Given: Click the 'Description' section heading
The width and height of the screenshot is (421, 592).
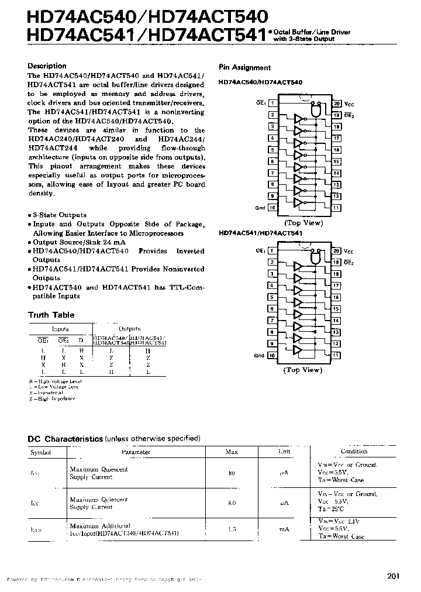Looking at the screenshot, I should pyautogui.click(x=47, y=66).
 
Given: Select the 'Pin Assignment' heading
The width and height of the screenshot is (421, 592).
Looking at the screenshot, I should pyautogui.click(x=244, y=68).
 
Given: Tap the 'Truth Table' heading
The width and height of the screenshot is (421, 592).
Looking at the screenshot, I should pyautogui.click(x=51, y=315).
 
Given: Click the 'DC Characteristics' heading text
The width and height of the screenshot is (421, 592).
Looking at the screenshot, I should pyautogui.click(x=66, y=439).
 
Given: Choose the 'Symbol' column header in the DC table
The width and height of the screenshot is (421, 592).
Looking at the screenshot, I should pyautogui.click(x=41, y=452).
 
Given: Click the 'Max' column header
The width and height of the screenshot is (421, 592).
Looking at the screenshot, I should pyautogui.click(x=232, y=452).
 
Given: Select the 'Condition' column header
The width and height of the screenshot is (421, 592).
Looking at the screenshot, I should pyautogui.click(x=354, y=452).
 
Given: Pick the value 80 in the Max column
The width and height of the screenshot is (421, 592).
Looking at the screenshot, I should pyautogui.click(x=232, y=473).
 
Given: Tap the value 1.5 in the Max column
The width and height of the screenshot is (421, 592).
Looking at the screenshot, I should pyautogui.click(x=232, y=529).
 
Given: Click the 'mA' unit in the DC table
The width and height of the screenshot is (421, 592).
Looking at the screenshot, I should pyautogui.click(x=284, y=529).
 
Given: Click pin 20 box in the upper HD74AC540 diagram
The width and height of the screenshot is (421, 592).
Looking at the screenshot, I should pyautogui.click(x=337, y=104).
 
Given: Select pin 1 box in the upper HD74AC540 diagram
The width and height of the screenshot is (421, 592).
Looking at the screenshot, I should pyautogui.click(x=272, y=104).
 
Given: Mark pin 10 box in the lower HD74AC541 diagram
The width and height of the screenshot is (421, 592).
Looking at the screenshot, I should pyautogui.click(x=272, y=355).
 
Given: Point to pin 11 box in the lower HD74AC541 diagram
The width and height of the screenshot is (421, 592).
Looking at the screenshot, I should pyautogui.click(x=337, y=355).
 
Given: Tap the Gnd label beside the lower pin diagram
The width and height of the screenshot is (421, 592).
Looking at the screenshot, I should pyautogui.click(x=260, y=355).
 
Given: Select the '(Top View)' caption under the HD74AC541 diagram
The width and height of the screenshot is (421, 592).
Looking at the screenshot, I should pyautogui.click(x=302, y=370).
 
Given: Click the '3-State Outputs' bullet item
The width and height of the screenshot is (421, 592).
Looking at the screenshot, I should pyautogui.click(x=59, y=215).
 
